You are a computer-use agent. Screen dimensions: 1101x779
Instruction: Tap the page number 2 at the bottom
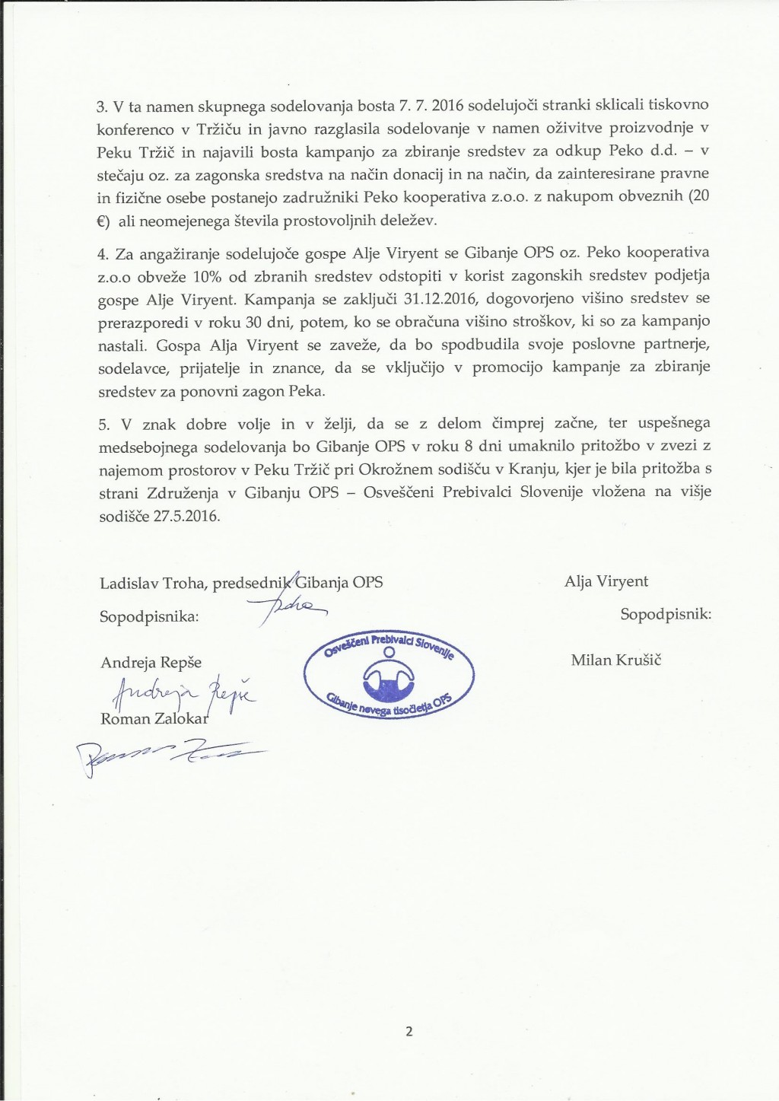(x=409, y=1032)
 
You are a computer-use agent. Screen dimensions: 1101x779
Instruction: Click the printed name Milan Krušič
(x=616, y=660)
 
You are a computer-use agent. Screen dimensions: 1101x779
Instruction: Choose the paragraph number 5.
(x=103, y=423)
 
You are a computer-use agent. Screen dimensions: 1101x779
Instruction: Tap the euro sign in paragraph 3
(x=103, y=220)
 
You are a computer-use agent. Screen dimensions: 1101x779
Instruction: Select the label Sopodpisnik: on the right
(x=666, y=614)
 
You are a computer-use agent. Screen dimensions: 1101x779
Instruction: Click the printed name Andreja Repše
(x=151, y=662)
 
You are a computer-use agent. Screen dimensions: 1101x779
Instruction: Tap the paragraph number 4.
(x=103, y=253)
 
